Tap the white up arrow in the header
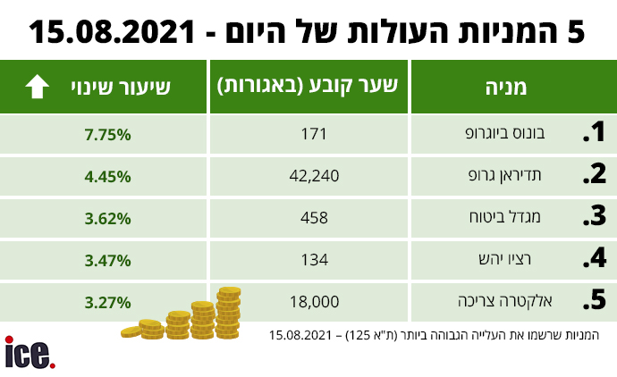pos(37,87)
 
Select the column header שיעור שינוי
pos(121,87)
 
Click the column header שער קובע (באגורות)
pos(308,87)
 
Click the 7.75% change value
pos(108,134)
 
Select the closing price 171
pos(315,134)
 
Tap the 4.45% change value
pos(108,176)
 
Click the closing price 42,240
pos(315,176)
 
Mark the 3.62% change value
pos(108,218)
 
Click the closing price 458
pos(315,218)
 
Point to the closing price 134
pos(315,260)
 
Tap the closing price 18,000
pos(315,302)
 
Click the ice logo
pos(30,352)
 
